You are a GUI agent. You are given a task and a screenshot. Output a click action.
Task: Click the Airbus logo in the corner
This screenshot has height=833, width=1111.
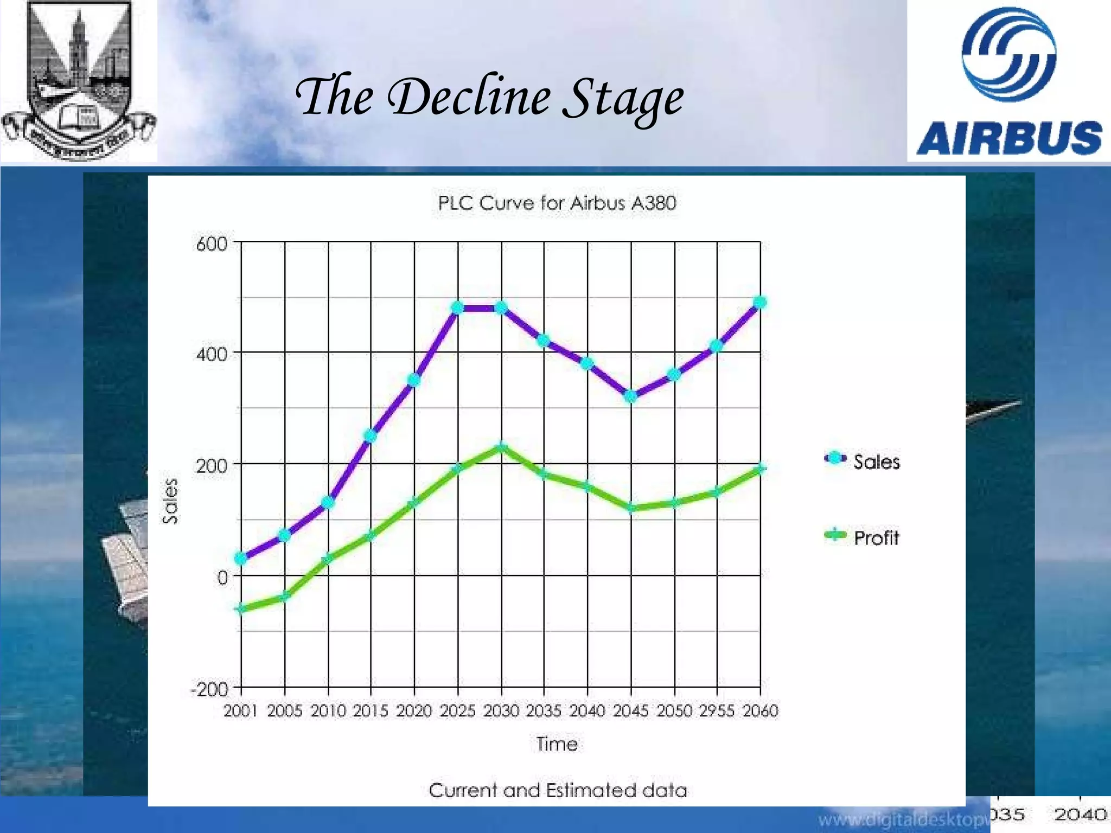tap(1009, 81)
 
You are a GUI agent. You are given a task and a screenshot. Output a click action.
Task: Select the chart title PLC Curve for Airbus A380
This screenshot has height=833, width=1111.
tap(557, 203)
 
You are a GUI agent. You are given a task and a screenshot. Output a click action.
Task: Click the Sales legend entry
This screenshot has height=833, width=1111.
tap(863, 461)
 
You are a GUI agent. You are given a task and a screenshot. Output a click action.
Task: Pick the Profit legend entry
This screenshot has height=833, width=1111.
tap(863, 537)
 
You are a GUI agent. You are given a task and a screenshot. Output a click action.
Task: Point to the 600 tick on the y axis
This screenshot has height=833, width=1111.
tap(212, 244)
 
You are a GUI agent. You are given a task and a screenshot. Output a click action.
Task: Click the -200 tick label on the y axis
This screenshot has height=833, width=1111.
tap(210, 689)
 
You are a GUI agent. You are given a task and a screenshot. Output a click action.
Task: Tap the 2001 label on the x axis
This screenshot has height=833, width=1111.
tap(240, 710)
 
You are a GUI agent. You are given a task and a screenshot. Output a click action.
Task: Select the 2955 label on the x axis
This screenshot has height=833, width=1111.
tap(717, 710)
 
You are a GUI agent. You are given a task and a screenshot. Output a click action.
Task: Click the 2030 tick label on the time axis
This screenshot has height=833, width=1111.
tap(501, 710)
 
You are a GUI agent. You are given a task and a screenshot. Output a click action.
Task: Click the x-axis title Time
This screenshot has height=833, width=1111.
tap(557, 744)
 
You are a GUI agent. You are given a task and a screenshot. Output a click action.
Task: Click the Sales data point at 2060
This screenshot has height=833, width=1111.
tap(761, 303)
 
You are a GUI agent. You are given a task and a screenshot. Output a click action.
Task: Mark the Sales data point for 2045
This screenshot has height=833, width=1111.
tap(630, 396)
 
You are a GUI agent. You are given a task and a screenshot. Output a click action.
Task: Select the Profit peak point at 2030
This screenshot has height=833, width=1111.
tap(501, 447)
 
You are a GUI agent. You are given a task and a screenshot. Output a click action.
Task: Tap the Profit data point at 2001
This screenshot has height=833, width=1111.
tap(240, 609)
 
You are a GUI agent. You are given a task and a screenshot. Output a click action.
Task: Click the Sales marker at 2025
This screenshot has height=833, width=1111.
tap(457, 308)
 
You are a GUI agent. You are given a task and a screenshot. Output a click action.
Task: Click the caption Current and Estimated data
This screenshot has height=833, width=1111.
tap(558, 790)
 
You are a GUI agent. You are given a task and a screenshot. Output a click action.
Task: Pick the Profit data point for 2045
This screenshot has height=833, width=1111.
tap(630, 508)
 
